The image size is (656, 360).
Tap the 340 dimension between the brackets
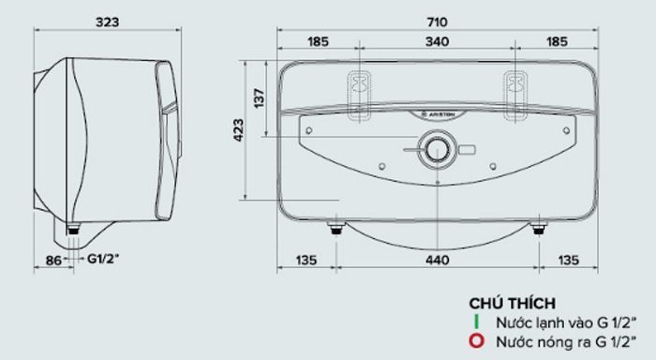click(437, 41)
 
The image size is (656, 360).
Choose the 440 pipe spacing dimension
click(438, 260)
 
